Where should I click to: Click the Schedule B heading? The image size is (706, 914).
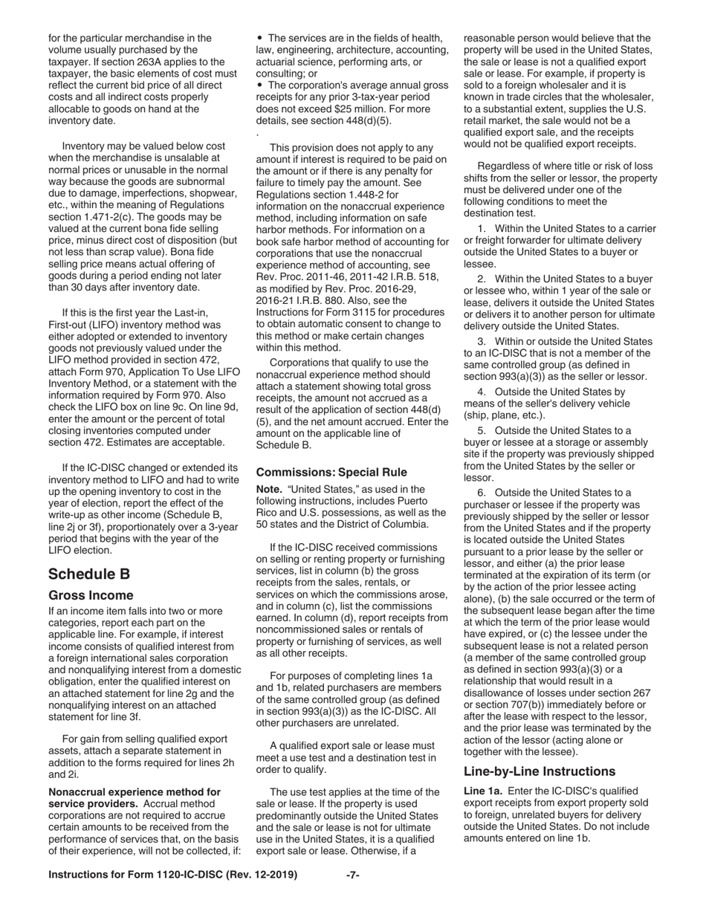coord(89,574)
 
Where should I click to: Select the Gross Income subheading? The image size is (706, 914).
coord(91,595)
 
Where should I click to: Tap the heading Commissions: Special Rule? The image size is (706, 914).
coord(331,472)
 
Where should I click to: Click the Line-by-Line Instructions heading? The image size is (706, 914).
coord(540,771)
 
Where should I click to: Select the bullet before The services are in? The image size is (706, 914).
coord(260,38)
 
